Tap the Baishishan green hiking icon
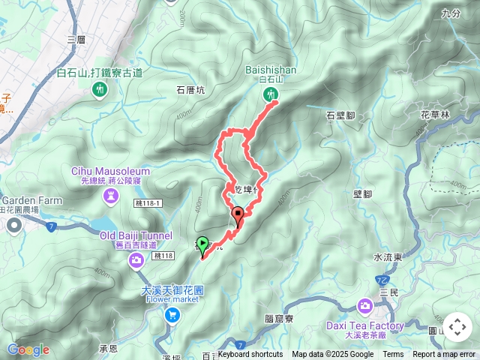pyautogui.click(x=271, y=94)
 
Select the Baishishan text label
pyautogui.click(x=271, y=70)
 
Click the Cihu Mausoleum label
pyautogui.click(x=111, y=171)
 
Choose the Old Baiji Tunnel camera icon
pyautogui.click(x=136, y=260)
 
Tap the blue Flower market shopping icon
pyautogui.click(x=172, y=316)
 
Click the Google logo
pyautogui.click(x=28, y=349)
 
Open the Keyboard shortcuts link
pyautogui.click(x=250, y=355)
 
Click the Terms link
pyautogui.click(x=393, y=355)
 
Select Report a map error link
pyautogui.click(x=445, y=355)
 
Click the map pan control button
pyautogui.click(x=457, y=327)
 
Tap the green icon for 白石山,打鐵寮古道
pyautogui.click(x=100, y=89)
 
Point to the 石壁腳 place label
pyautogui.click(x=340, y=115)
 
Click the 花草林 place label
pyautogui.click(x=435, y=115)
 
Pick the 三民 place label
pyautogui.click(x=388, y=291)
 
